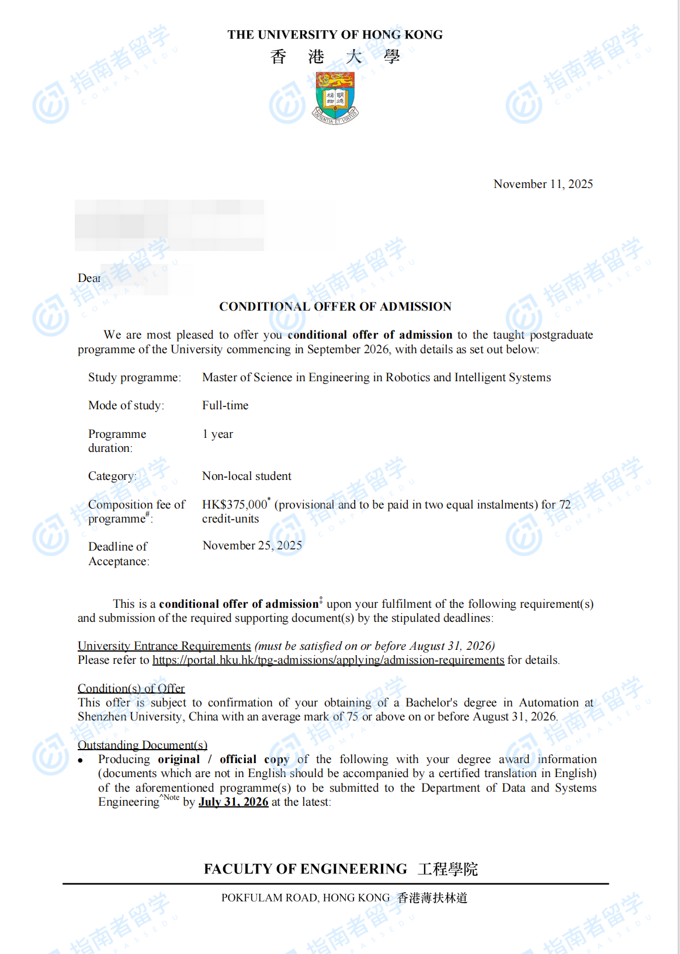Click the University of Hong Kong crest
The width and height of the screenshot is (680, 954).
pyautogui.click(x=335, y=97)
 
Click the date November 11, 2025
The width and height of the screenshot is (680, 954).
pyautogui.click(x=543, y=184)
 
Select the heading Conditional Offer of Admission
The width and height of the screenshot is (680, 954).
pyautogui.click(x=335, y=307)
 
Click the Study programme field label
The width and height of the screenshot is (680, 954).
pyautogui.click(x=134, y=377)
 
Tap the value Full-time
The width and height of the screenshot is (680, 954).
pyautogui.click(x=225, y=405)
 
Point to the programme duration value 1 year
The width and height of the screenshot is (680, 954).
pyautogui.click(x=217, y=434)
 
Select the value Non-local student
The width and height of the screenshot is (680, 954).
pyautogui.click(x=247, y=476)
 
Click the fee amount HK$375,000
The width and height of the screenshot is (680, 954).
pyautogui.click(x=234, y=504)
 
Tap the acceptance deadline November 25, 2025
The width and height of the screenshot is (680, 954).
pyautogui.click(x=252, y=545)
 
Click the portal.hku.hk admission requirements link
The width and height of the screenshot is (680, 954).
pyautogui.click(x=328, y=660)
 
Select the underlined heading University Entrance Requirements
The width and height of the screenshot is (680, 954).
pyautogui.click(x=164, y=646)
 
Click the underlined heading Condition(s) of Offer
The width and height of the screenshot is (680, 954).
pyautogui.click(x=131, y=688)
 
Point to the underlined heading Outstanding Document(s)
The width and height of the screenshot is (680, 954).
pyautogui.click(x=143, y=745)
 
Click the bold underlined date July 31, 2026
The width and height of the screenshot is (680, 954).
pyautogui.click(x=233, y=802)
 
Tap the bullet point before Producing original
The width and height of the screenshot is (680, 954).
pyautogui.click(x=81, y=760)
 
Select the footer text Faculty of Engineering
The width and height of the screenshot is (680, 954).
pyautogui.click(x=305, y=869)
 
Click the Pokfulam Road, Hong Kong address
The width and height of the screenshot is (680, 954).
pyautogui.click(x=305, y=897)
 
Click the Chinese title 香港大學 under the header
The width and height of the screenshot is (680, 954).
pyautogui.click(x=335, y=57)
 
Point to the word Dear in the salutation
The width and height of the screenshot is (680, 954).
pyautogui.click(x=89, y=278)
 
